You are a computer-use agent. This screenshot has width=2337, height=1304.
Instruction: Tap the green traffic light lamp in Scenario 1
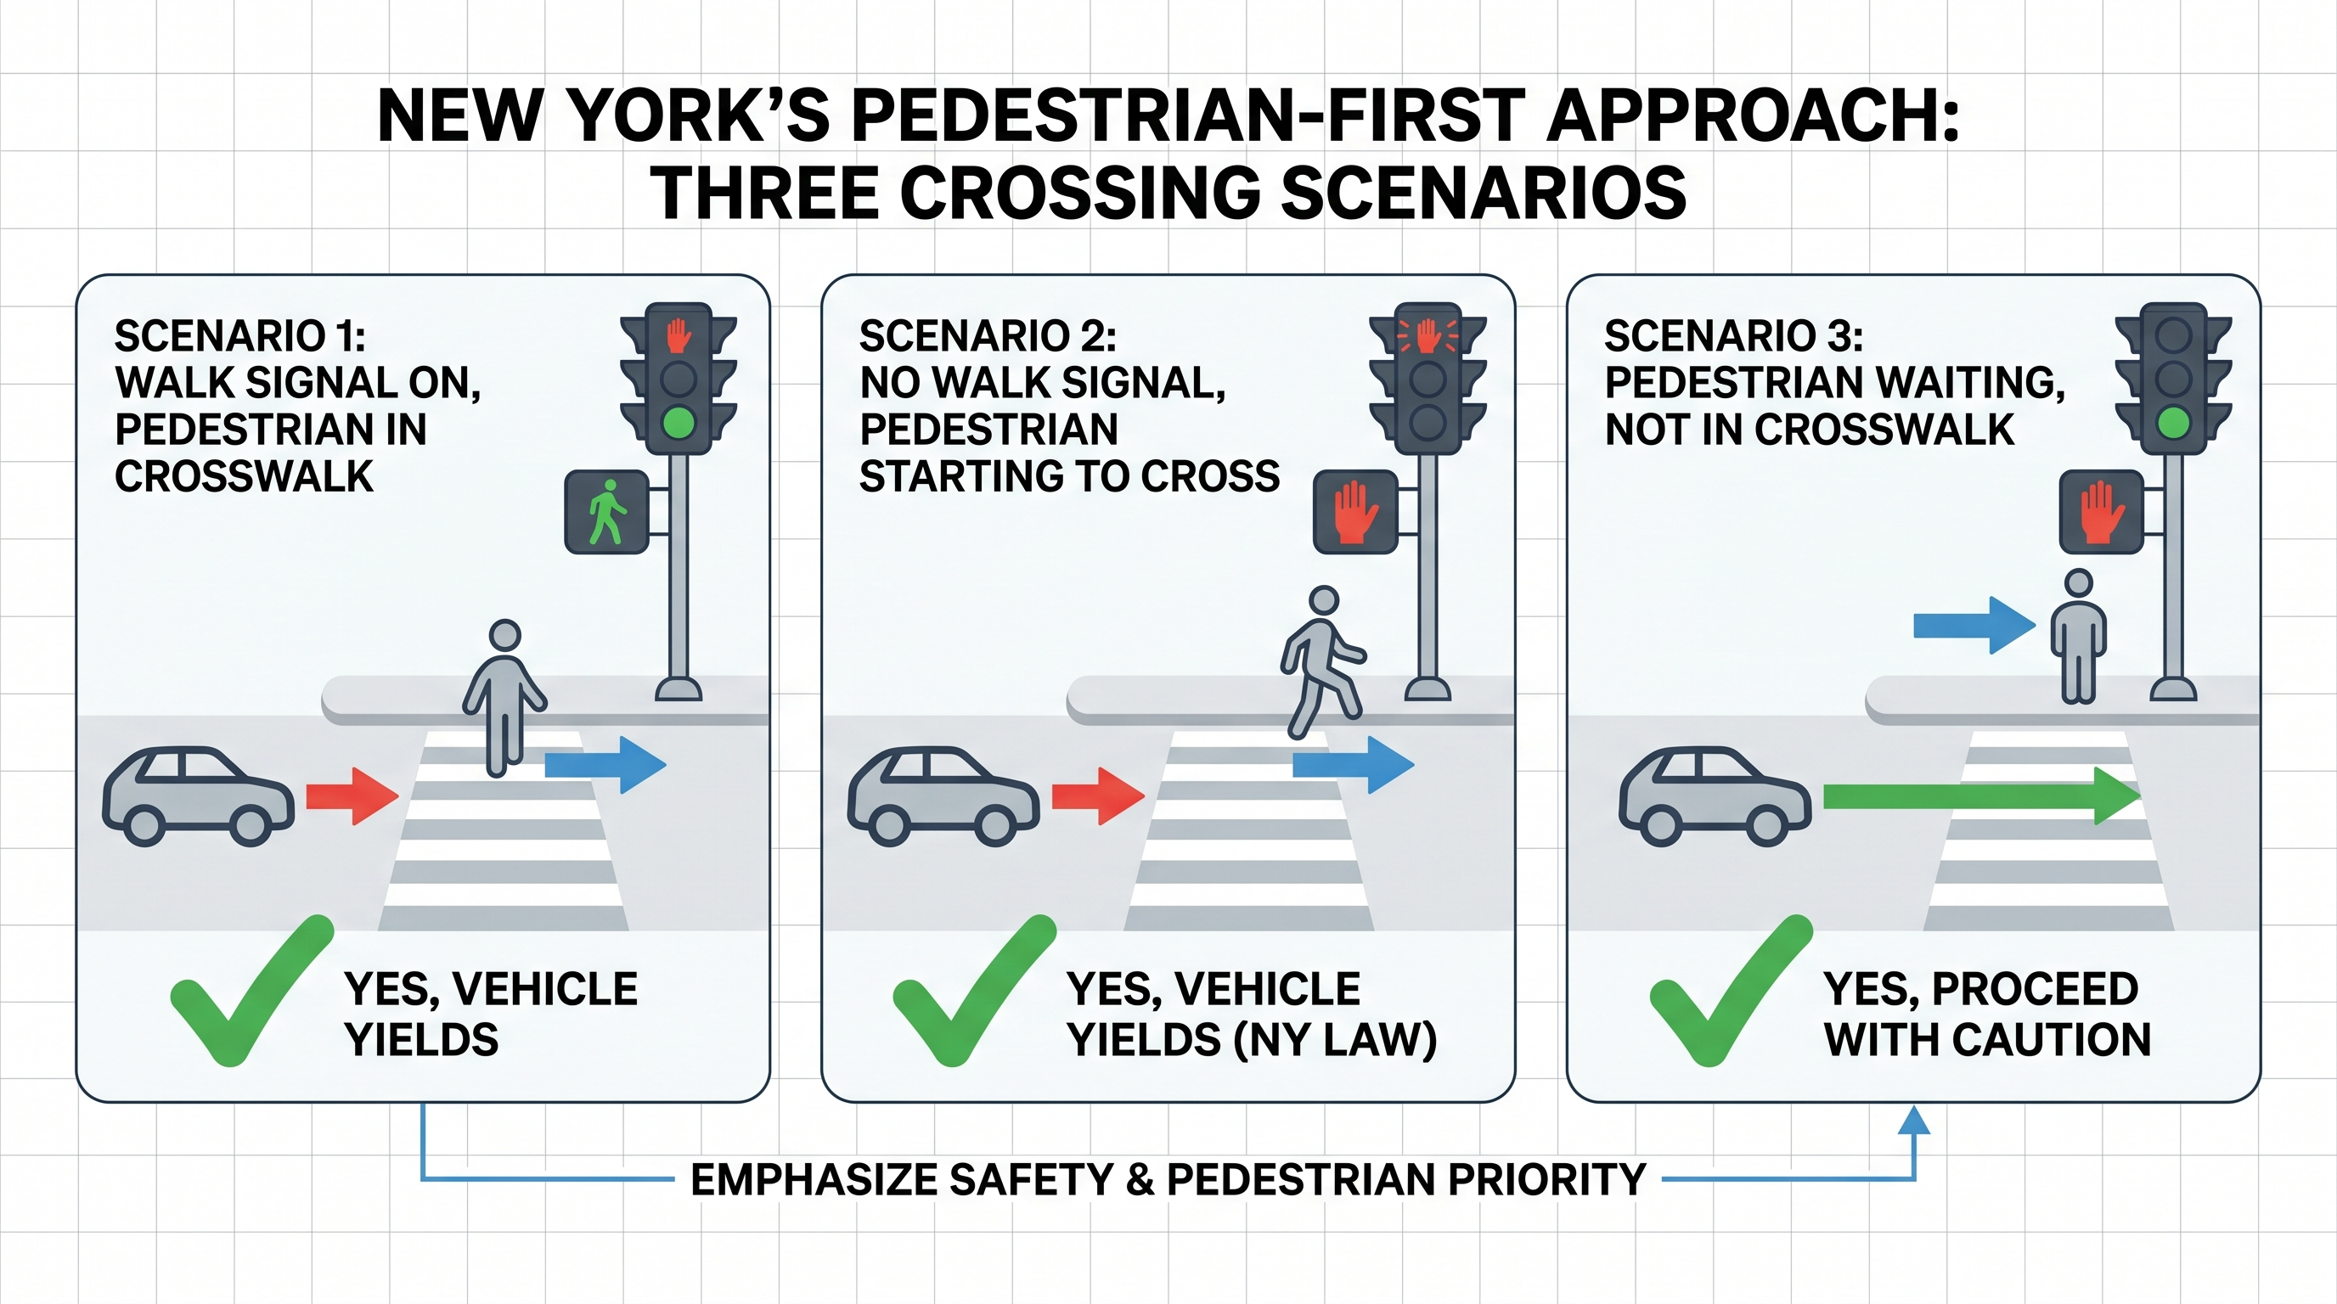(678, 423)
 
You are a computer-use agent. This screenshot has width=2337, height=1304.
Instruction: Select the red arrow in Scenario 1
(352, 796)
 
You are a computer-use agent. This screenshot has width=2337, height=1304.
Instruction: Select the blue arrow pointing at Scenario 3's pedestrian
(1974, 625)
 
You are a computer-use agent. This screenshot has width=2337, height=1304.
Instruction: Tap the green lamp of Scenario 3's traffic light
(2172, 423)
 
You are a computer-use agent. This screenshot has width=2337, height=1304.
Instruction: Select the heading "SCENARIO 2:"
(987, 336)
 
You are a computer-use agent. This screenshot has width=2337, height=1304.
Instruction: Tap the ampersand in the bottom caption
(1139, 1180)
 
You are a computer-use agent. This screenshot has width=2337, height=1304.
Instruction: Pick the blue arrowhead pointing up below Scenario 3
(1914, 1121)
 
